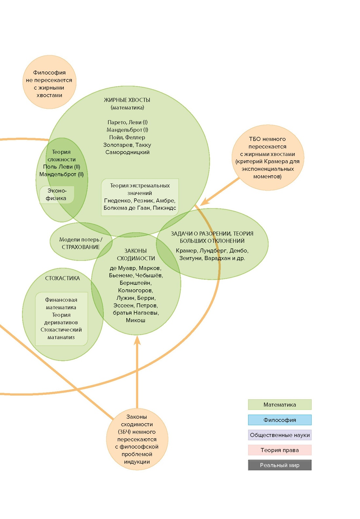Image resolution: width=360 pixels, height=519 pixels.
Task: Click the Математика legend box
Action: (x=279, y=404)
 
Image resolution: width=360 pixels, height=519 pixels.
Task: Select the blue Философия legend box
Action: (x=279, y=420)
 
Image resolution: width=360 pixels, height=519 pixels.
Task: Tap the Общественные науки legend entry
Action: (x=279, y=435)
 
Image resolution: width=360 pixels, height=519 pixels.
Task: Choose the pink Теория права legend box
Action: (x=279, y=450)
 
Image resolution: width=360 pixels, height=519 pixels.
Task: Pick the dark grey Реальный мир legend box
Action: (x=279, y=465)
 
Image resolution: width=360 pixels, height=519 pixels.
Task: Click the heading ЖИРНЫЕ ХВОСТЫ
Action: (x=127, y=100)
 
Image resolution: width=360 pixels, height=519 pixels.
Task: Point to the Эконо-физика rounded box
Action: (x=57, y=194)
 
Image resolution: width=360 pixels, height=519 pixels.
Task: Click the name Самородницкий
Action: (x=127, y=152)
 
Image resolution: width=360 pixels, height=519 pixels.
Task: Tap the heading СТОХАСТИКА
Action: (x=63, y=278)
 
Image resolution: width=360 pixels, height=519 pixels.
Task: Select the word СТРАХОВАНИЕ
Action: (x=81, y=247)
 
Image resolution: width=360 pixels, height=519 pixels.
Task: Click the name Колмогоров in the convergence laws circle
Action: (x=135, y=290)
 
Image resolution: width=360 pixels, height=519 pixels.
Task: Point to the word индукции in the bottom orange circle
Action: (x=137, y=462)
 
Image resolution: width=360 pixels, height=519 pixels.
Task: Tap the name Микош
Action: (x=135, y=320)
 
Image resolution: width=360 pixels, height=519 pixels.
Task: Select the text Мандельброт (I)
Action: (x=127, y=130)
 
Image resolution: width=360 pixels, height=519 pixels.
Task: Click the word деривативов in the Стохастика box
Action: (x=61, y=322)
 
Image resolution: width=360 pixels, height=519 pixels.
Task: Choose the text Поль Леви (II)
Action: (x=62, y=167)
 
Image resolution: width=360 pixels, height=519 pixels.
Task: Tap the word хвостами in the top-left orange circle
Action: (x=49, y=95)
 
